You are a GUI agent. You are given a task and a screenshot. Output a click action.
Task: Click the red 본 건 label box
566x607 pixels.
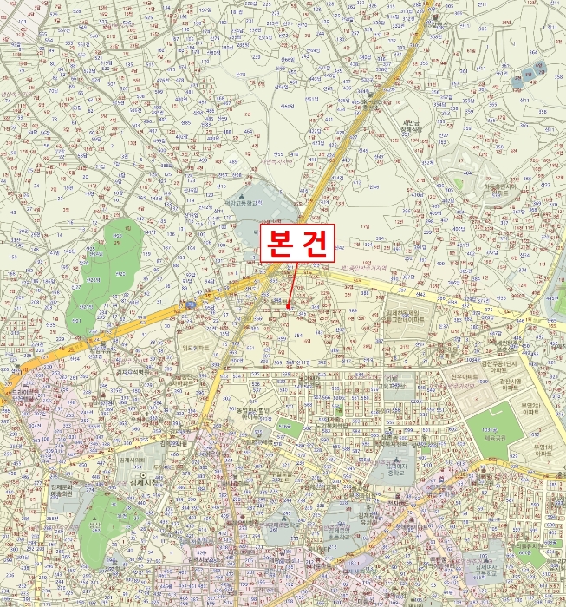click(x=296, y=244)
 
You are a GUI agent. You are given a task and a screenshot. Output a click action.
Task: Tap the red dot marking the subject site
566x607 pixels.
click(x=287, y=306)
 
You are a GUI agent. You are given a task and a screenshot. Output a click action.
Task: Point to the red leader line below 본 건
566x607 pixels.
click(x=292, y=284)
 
